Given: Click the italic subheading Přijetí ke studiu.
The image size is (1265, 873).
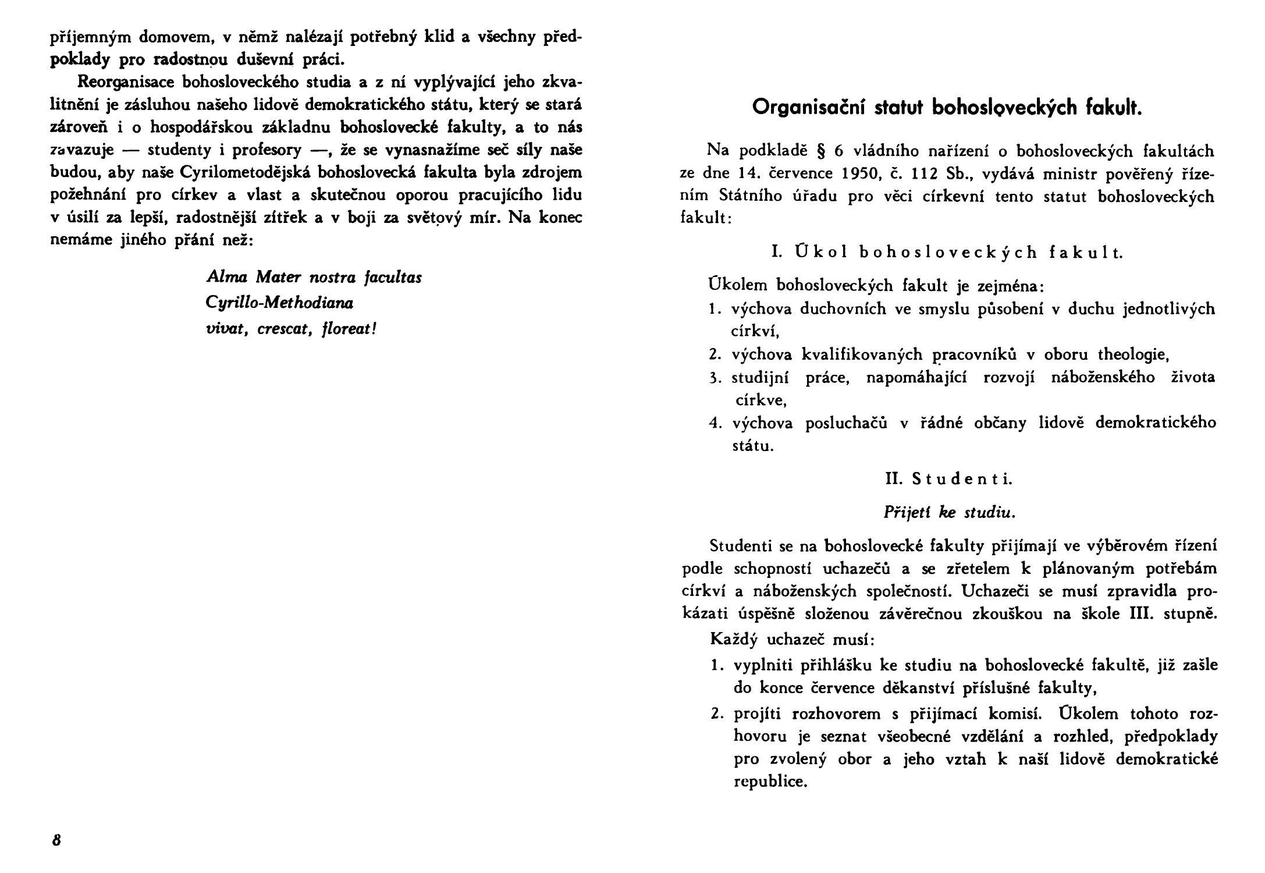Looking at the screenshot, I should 949,513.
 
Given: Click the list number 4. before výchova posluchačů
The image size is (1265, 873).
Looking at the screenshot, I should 715,423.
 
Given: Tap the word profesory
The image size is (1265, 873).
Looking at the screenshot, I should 266,150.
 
